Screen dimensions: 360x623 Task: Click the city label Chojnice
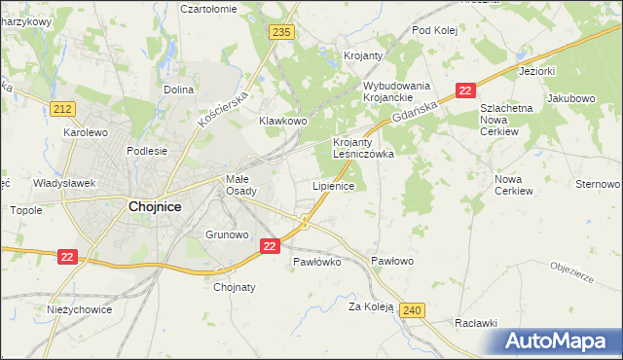tap(155, 206)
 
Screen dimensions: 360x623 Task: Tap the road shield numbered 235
tap(282, 32)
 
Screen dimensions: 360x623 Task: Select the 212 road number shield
tap(64, 108)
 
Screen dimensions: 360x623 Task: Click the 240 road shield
tap(412, 309)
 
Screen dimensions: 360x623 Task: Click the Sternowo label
tap(598, 184)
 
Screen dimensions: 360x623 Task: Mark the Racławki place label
tap(476, 323)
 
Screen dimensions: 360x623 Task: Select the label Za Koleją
tap(371, 306)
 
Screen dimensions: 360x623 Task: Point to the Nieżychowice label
tap(80, 309)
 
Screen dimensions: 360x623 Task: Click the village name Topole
tap(25, 209)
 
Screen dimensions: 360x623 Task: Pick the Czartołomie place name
tap(209, 9)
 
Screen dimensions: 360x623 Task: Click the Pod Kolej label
tap(434, 30)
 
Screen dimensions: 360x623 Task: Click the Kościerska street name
tap(225, 105)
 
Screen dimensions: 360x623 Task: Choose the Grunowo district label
tap(228, 234)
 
